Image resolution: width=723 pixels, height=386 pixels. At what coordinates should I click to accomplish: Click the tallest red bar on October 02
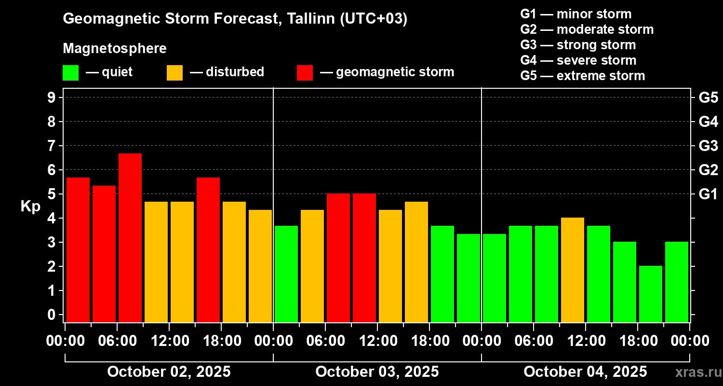(x=130, y=237)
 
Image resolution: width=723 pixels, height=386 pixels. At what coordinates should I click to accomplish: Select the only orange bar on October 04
(x=573, y=270)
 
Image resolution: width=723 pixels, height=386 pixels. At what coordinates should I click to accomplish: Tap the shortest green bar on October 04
(x=651, y=294)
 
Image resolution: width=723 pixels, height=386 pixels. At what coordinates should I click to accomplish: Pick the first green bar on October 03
(x=286, y=274)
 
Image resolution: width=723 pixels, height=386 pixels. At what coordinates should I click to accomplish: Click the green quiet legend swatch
(x=70, y=72)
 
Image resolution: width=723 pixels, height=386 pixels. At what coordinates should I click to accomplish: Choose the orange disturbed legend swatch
(x=174, y=72)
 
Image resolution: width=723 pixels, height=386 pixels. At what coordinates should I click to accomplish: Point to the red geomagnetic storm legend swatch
(x=305, y=72)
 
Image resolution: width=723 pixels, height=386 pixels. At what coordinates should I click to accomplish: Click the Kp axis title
(x=30, y=207)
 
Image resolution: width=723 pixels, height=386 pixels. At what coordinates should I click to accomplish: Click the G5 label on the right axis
(x=708, y=97)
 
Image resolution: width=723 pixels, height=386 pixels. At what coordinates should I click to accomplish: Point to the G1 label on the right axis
(x=708, y=194)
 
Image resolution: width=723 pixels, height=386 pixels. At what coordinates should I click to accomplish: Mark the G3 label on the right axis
(x=708, y=146)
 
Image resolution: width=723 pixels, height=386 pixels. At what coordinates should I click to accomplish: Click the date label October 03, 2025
(x=377, y=372)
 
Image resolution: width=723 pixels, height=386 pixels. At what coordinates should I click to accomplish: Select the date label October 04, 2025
(x=585, y=372)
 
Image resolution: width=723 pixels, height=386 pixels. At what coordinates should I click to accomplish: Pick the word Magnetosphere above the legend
(x=115, y=49)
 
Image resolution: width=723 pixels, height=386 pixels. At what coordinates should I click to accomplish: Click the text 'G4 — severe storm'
(x=578, y=60)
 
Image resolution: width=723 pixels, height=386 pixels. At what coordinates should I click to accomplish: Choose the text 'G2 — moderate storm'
(x=587, y=29)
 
